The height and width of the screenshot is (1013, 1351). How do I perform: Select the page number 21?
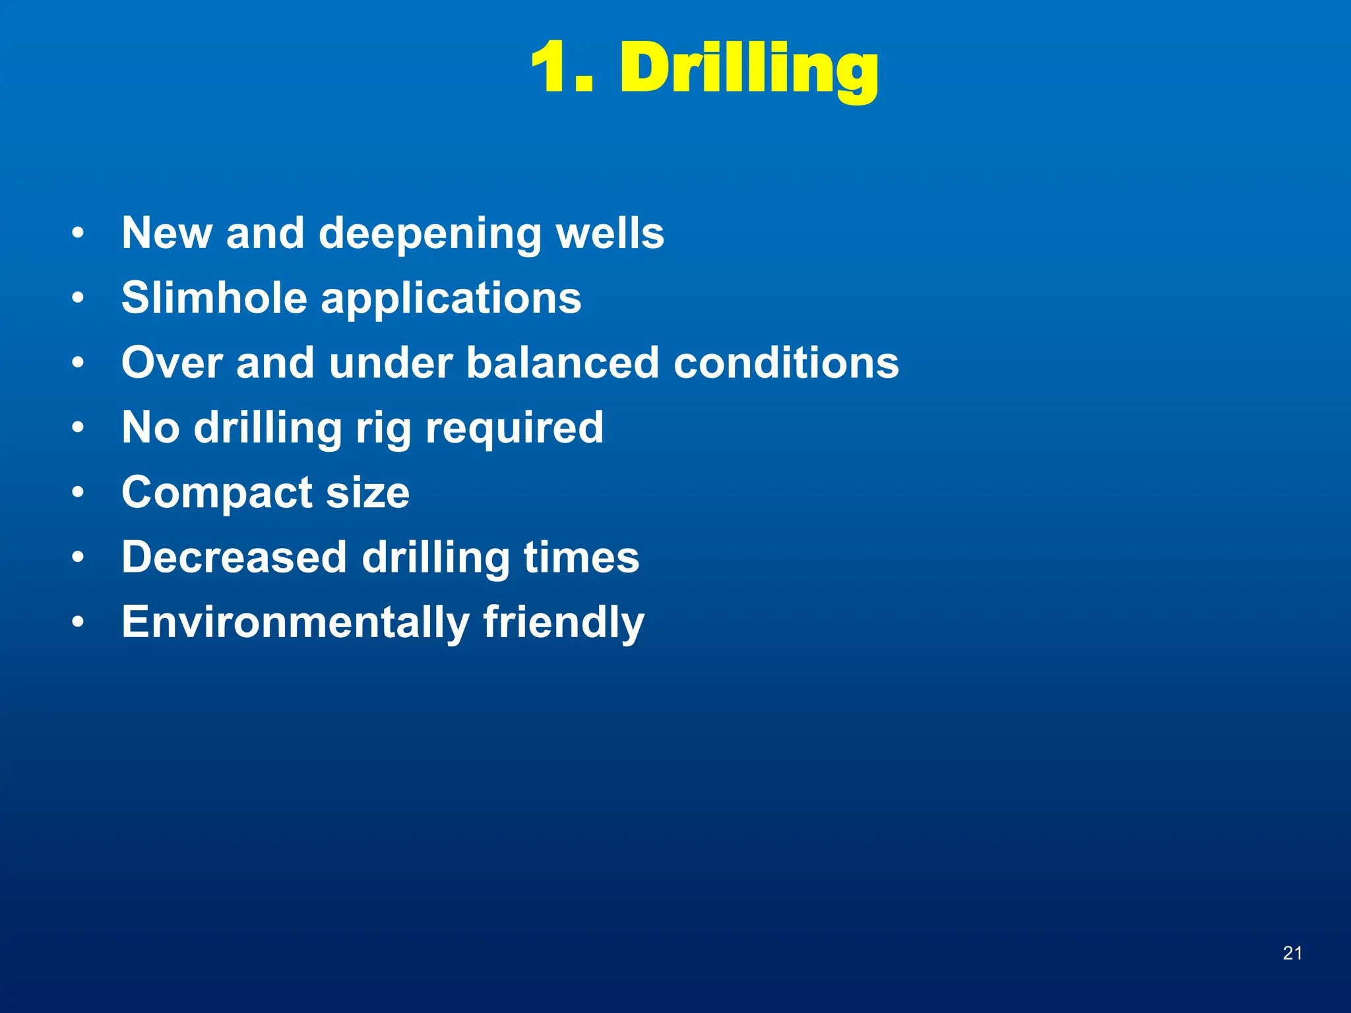(x=1292, y=953)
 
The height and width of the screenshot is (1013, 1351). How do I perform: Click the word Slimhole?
(x=214, y=297)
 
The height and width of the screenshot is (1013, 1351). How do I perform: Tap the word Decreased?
(x=234, y=557)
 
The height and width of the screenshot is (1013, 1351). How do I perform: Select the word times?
(x=581, y=557)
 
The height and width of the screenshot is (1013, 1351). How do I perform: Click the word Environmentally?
(x=295, y=623)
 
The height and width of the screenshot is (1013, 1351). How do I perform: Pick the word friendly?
(x=563, y=623)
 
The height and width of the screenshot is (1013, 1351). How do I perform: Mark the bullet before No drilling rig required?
(x=79, y=429)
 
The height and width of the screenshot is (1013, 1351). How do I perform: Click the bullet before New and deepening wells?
(x=79, y=233)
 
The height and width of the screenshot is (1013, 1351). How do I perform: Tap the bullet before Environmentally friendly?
(x=79, y=623)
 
